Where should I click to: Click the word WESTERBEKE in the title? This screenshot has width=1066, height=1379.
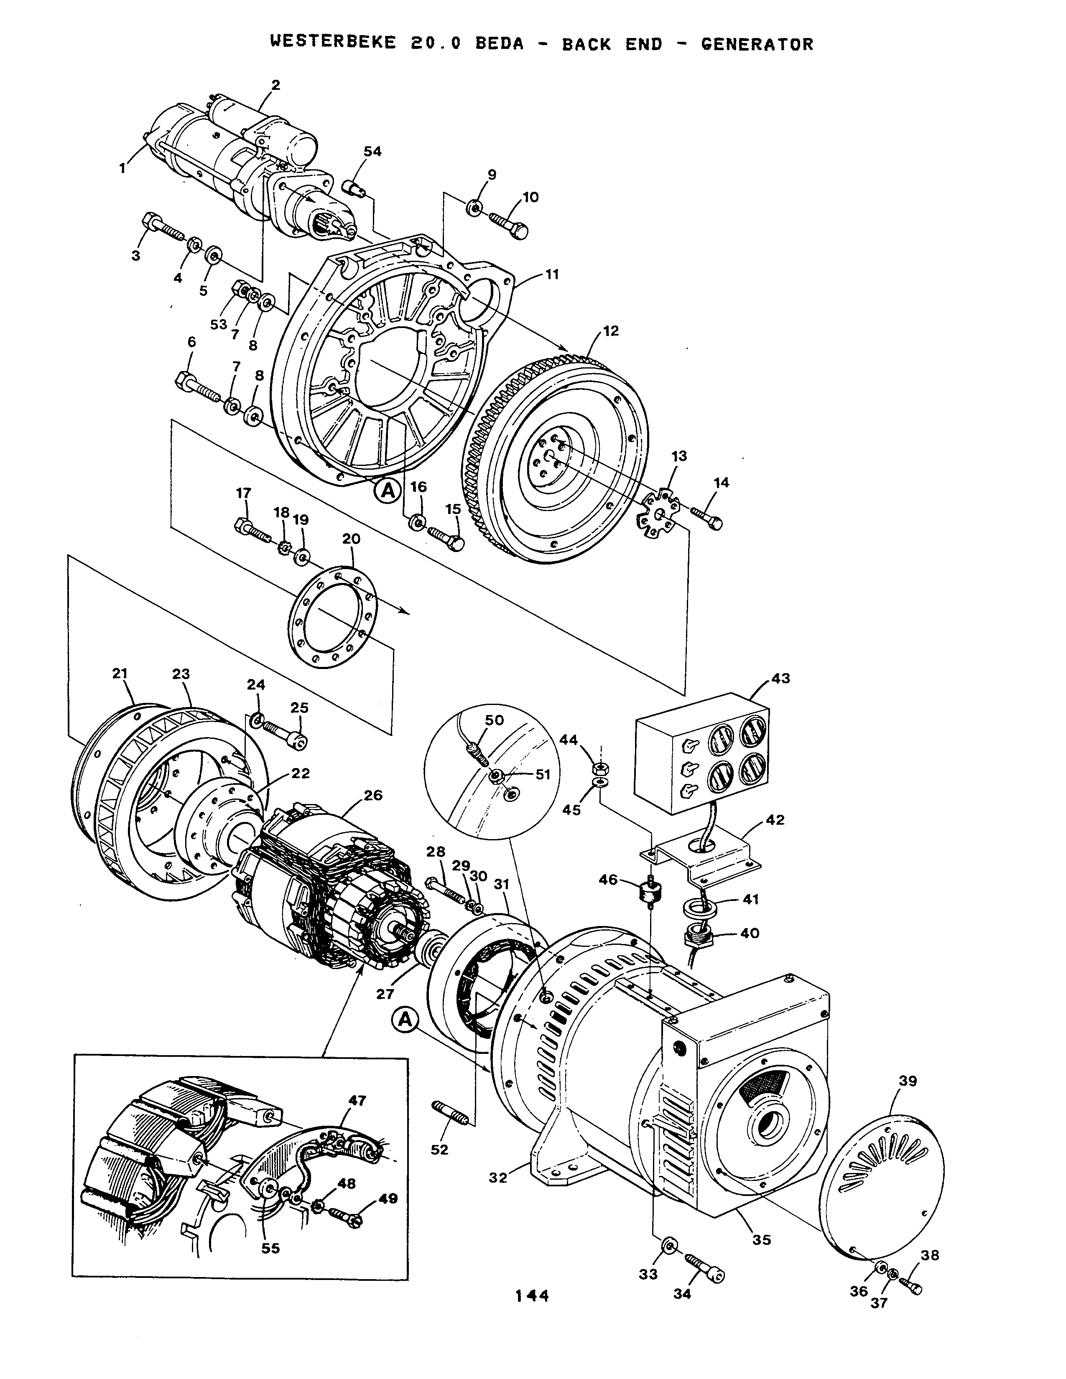(x=333, y=43)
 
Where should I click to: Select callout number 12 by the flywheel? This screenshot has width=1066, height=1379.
(x=611, y=331)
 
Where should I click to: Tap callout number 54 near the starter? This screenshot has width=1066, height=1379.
(x=372, y=152)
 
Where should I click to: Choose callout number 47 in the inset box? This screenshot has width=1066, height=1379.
(x=357, y=1100)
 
